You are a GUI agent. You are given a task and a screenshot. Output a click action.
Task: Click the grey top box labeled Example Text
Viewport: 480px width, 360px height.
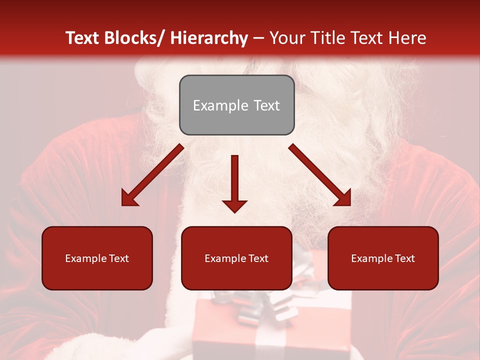point(236,105)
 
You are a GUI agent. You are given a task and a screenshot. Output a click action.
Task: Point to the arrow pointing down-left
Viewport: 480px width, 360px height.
point(152,175)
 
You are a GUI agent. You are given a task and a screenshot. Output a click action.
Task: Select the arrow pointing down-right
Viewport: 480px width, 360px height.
point(320,175)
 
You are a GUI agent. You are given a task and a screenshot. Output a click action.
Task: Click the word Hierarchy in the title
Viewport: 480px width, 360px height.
point(208,38)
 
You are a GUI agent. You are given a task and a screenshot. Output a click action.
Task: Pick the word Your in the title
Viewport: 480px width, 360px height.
point(287,38)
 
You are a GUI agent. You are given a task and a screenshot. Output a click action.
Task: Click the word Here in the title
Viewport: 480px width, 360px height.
point(408,38)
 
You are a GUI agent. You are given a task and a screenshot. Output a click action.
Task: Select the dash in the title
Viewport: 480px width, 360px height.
point(258,38)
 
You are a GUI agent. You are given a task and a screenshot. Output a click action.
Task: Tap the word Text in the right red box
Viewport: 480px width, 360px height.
point(404,258)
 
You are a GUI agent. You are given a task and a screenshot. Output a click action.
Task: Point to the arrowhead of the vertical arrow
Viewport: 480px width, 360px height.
point(234,206)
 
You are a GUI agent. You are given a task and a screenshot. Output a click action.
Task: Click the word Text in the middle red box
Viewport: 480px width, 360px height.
point(258,258)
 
